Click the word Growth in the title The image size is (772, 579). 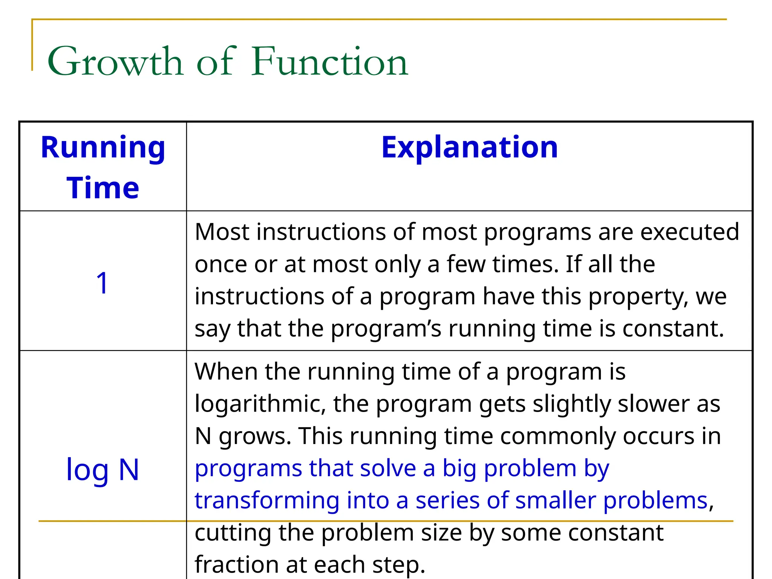(115, 61)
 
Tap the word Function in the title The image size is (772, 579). (329, 61)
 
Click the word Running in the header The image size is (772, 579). (103, 148)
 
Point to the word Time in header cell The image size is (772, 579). (103, 188)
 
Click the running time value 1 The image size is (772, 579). (102, 283)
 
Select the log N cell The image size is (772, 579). (103, 470)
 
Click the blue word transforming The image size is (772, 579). (267, 501)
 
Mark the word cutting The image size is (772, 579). (233, 533)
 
